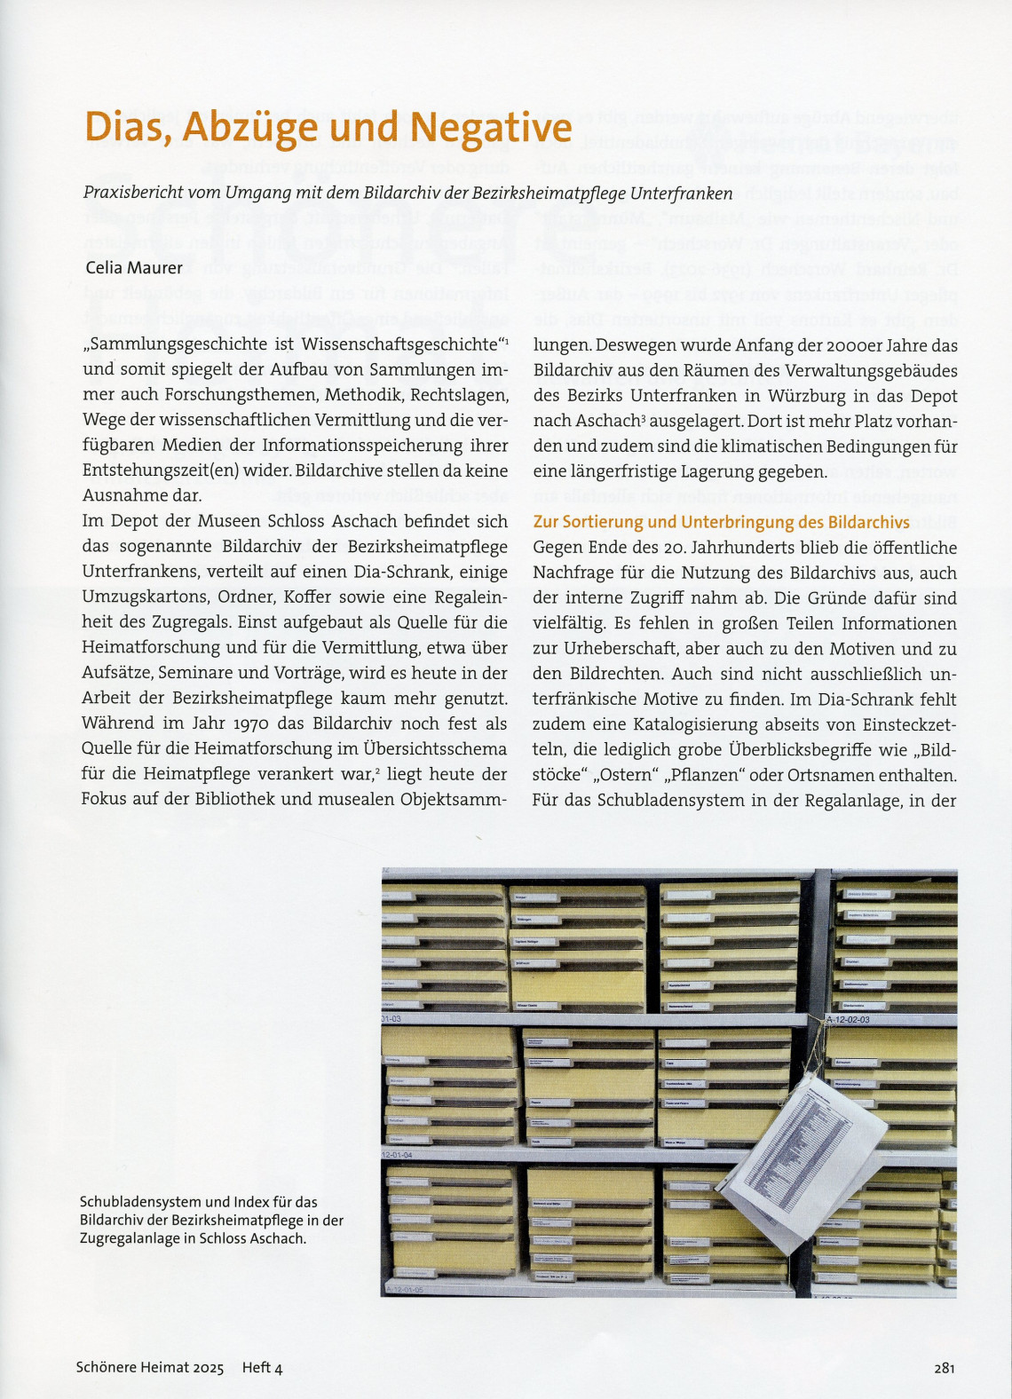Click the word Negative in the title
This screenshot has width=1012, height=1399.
491,128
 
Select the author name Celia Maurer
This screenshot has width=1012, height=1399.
134,267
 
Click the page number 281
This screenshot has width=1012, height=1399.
944,1368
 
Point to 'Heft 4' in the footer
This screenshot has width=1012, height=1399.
262,1368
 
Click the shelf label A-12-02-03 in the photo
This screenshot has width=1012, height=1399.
849,1020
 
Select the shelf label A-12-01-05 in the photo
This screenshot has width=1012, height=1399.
404,1289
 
